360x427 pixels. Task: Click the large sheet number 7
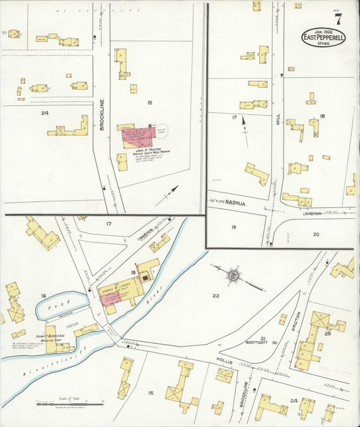point(337,19)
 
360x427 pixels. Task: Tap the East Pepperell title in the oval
point(323,37)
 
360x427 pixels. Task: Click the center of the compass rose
point(234,274)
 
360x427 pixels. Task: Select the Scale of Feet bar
point(65,404)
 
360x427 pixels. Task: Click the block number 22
point(215,296)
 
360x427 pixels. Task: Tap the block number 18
point(322,117)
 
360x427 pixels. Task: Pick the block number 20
point(315,234)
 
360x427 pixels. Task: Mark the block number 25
point(327,333)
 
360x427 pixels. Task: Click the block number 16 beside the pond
point(43,296)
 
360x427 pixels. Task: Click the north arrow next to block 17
point(244,126)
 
